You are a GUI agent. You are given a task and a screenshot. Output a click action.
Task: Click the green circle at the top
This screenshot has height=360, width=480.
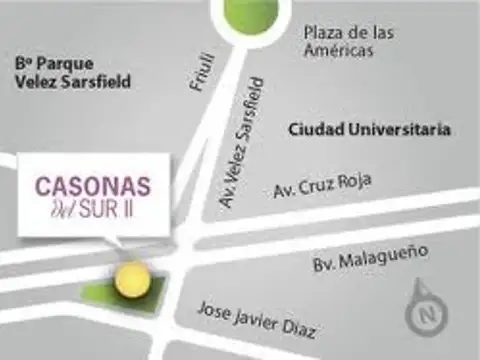coord(249,15)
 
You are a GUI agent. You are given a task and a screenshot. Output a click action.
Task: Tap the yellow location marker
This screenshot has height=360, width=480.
coord(129,279)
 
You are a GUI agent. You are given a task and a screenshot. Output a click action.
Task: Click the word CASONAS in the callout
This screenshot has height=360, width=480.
coord(93,186)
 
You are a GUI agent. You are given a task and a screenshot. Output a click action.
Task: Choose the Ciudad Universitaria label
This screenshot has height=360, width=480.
coord(369,130)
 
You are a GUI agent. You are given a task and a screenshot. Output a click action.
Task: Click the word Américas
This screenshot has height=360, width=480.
coord(340,50)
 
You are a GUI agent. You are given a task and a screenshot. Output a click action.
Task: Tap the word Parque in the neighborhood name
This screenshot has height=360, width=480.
coord(59,63)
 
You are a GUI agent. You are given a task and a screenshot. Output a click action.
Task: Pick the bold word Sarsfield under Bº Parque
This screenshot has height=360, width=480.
coord(98,82)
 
